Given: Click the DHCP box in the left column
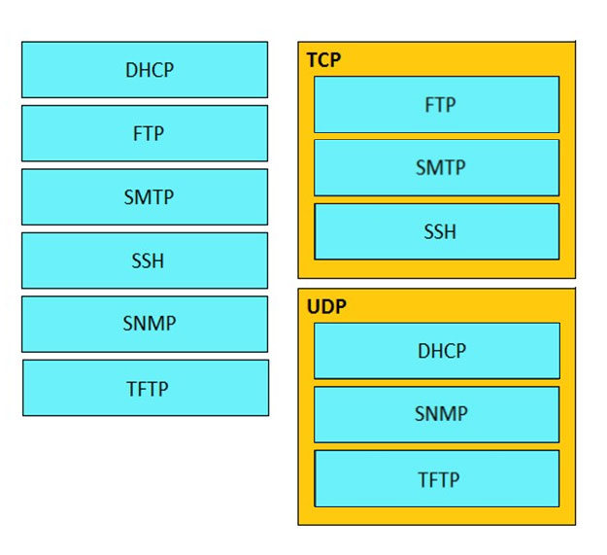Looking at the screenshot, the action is tap(145, 70).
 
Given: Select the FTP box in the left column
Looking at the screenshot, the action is tap(145, 133).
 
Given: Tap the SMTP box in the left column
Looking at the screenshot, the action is tap(145, 196).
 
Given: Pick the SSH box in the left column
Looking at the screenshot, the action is tap(145, 260).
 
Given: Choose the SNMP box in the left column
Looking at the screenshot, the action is tap(145, 325).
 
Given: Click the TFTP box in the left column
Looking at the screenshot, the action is tap(146, 388).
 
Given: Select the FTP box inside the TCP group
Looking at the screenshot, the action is tap(437, 105).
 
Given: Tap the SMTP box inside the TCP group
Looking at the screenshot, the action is tap(437, 168).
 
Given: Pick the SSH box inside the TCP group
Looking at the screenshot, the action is tap(437, 231).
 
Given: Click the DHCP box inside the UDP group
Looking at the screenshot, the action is tap(437, 351).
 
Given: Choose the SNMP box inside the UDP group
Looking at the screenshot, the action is tap(437, 414).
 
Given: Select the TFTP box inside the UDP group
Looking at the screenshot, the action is tap(437, 479).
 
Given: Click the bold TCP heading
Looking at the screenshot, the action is tap(324, 60).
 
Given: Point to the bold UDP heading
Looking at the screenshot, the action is tap(326, 307).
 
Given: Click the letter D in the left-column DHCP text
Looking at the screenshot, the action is tap(132, 70).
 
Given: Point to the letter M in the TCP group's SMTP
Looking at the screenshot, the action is tap(434, 168).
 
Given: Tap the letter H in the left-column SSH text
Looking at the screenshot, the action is tap(158, 261).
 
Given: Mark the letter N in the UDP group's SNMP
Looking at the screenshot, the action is tap(432, 414).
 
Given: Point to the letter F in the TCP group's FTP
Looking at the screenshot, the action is tap(429, 105).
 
